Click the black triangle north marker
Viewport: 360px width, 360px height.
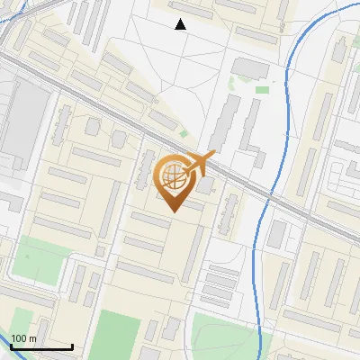point(180,24)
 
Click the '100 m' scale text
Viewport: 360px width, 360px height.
point(24,338)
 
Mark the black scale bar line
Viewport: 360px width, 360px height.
point(41,346)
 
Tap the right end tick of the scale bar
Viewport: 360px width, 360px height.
point(72,346)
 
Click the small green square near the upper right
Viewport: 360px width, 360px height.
point(262,89)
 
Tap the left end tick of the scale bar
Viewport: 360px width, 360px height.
point(11,346)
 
